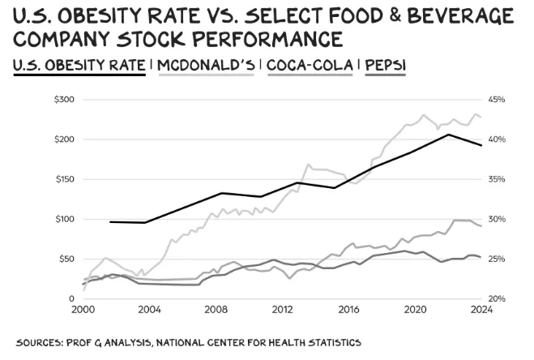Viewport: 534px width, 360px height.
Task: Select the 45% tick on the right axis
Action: click(496, 100)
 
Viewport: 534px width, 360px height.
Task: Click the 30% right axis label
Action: click(496, 219)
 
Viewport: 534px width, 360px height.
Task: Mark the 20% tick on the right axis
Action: click(496, 298)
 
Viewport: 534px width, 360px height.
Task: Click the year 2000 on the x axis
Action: click(84, 309)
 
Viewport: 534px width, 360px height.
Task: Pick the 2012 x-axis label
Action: click(282, 309)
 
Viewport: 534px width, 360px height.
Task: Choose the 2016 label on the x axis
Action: click(349, 309)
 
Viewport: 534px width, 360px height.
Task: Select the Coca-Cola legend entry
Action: click(309, 64)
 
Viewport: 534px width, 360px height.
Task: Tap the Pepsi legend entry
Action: click(385, 64)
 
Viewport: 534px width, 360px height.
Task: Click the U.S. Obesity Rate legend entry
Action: click(79, 64)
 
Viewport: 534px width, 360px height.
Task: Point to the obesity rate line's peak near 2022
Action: click(448, 135)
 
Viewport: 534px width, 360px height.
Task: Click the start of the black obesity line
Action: click(110, 221)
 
